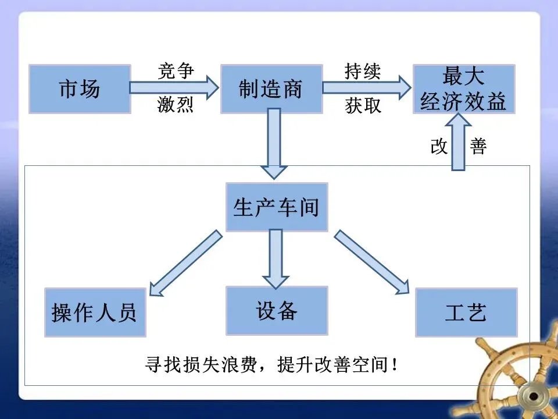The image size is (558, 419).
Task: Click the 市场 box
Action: [80, 89]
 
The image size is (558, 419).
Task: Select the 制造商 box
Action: [271, 89]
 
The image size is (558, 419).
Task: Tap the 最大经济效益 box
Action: [464, 89]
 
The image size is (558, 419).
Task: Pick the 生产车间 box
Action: [277, 207]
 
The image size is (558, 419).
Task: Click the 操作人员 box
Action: [95, 313]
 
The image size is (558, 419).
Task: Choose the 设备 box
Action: [277, 310]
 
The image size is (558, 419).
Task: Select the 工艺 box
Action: [466, 313]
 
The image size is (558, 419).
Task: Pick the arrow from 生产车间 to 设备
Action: [275, 256]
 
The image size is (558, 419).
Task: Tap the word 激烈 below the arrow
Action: [176, 106]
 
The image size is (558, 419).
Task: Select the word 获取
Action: [363, 106]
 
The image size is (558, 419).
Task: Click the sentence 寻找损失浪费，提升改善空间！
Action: [272, 366]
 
